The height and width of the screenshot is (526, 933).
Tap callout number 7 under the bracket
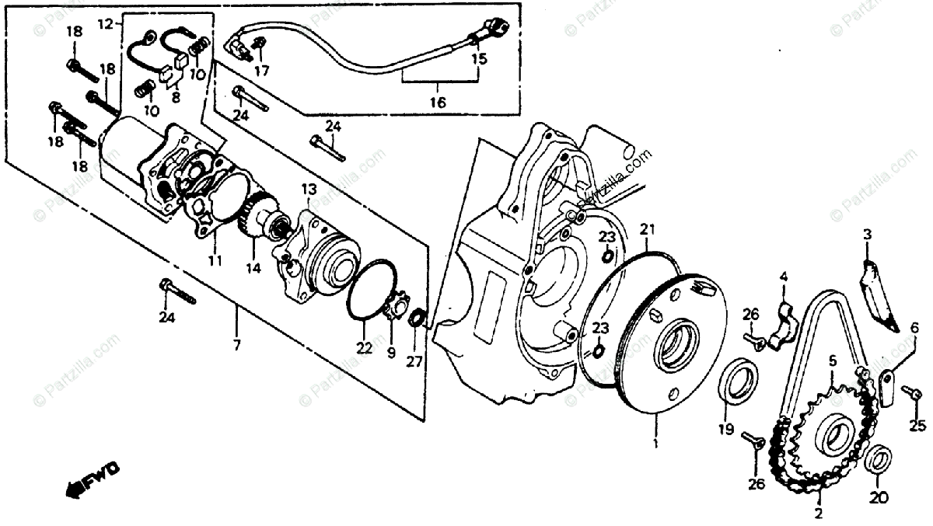pos(238,343)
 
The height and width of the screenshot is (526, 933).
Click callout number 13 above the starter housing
pos(309,189)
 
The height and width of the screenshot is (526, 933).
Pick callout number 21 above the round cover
pos(648,228)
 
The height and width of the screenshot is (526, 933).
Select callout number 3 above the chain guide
pos(867,234)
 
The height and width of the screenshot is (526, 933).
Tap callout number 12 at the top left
pos(105,25)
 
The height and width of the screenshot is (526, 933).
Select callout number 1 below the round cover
pos(655,446)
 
